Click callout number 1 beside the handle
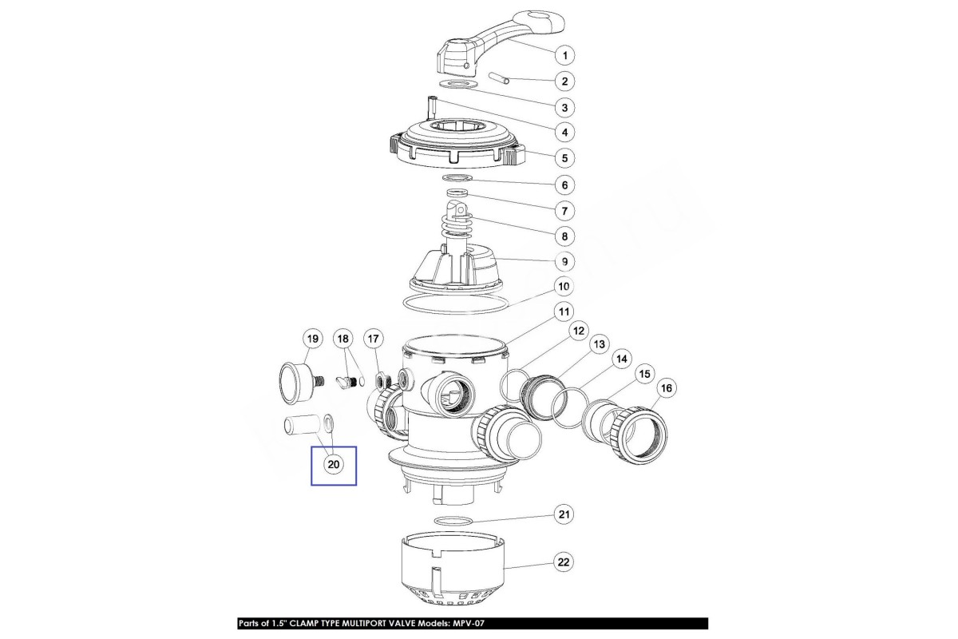pos(564,55)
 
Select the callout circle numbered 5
pos(564,158)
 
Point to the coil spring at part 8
pos(457,224)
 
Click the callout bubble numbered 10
pos(564,286)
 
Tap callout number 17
pos(374,339)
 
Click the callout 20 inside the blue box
pos(334,464)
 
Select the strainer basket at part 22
pos(453,569)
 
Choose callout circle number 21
pos(564,514)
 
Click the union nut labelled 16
pos(639,434)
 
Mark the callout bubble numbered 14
pos(621,359)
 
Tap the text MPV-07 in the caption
pos(467,623)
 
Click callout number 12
pos(578,331)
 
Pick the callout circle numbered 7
pos(564,211)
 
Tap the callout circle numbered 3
pos(564,107)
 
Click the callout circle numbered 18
pos(343,339)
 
